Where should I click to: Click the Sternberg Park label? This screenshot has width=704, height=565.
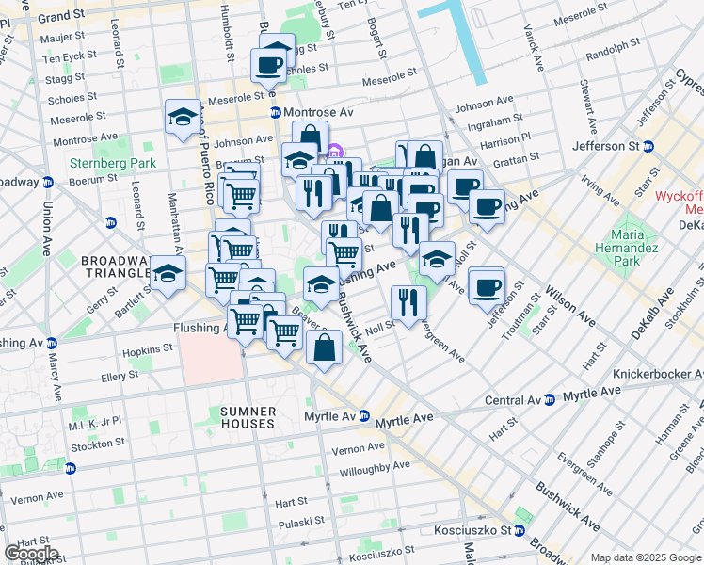[x=111, y=163]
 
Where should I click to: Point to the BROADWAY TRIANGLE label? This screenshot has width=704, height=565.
[x=117, y=266]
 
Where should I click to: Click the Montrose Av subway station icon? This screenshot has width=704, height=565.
[x=276, y=112]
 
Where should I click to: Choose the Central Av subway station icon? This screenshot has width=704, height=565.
[x=548, y=400]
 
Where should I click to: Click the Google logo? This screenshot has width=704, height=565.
[x=31, y=554]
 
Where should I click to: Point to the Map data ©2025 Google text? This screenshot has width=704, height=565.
[x=645, y=557]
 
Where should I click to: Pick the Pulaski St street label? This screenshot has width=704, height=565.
[x=300, y=519]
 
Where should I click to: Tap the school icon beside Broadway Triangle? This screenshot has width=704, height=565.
[x=168, y=274]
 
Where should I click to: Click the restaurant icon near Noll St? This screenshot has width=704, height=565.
[x=408, y=302]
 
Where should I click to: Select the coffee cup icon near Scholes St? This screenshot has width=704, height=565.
[x=268, y=65]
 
